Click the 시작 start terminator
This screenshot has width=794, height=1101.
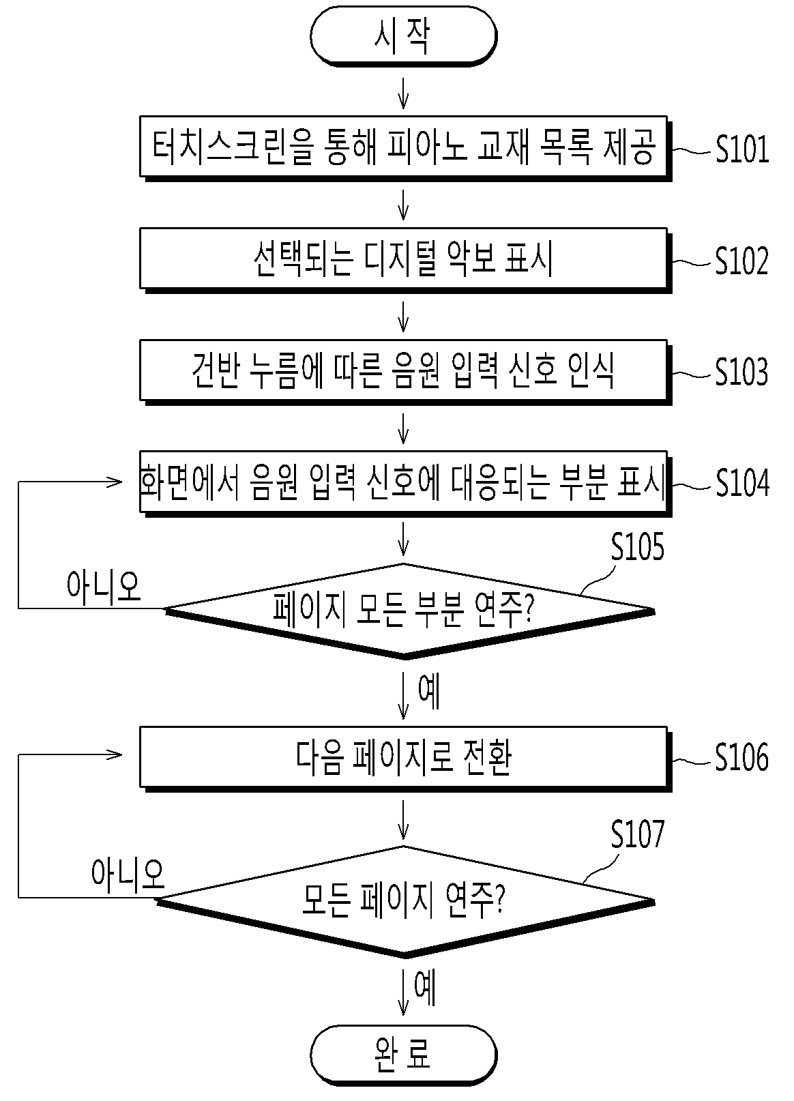[x=403, y=36]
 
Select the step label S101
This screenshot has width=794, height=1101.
[x=742, y=149]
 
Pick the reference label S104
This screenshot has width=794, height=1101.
[x=742, y=484]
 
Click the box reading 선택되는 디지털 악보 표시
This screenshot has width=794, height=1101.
[x=405, y=260]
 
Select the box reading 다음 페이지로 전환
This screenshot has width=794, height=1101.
[x=405, y=759]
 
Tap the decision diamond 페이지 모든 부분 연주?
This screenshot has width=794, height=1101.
[x=409, y=611]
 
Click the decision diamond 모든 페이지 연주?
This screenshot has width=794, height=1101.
[x=405, y=901]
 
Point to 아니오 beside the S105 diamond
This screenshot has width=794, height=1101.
[x=104, y=587]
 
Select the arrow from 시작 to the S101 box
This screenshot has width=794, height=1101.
[x=403, y=92]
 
